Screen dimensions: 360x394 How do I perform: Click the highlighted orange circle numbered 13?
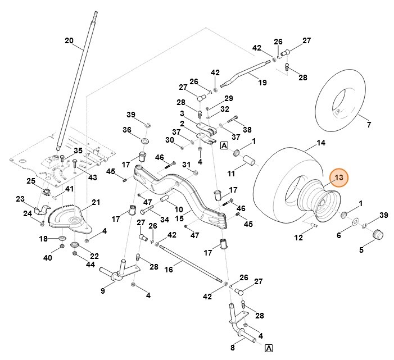pyautogui.click(x=339, y=178)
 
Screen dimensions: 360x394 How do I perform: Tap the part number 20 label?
pyautogui.click(x=69, y=40)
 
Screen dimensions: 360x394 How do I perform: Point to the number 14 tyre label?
pyautogui.click(x=321, y=143)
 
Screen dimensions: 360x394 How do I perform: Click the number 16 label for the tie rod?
pyautogui.click(x=169, y=270)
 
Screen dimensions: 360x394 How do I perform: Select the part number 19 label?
pyautogui.click(x=262, y=83)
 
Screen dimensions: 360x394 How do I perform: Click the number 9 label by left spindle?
pyautogui.click(x=103, y=290)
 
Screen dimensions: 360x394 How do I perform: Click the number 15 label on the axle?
pyautogui.click(x=179, y=218)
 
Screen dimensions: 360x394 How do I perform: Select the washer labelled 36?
pyautogui.click(x=144, y=138)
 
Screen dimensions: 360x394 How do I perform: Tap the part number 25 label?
pyautogui.click(x=31, y=180)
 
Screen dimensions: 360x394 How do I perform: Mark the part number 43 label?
pyautogui.click(x=93, y=177)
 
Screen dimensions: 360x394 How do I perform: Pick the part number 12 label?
pyautogui.click(x=298, y=238)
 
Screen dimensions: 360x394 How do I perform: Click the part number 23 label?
pyautogui.click(x=20, y=199)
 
